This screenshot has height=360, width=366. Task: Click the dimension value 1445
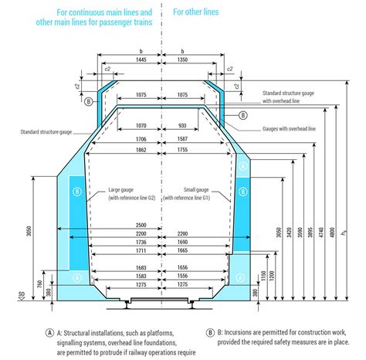140,59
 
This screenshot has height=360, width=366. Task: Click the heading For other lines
195,12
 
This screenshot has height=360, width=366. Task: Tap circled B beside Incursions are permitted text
210,333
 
